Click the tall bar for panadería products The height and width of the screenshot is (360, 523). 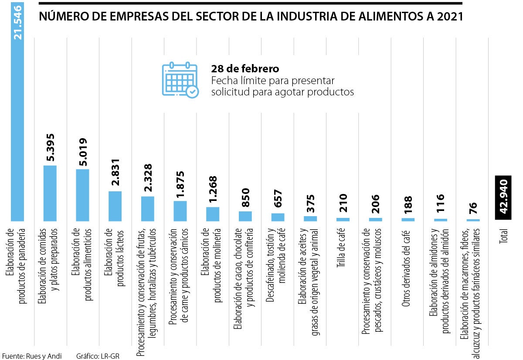17,131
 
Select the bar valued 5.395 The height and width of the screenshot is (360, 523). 50,194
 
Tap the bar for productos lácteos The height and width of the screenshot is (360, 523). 115,206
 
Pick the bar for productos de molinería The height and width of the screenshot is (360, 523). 213,214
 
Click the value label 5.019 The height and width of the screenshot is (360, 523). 82,153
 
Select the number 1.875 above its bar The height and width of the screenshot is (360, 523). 180,184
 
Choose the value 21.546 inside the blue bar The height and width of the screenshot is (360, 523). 18,23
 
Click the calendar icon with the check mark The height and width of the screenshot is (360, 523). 180,80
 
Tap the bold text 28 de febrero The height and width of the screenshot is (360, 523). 245,69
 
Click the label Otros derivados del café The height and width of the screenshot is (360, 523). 408,268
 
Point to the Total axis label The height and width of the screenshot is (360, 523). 504,241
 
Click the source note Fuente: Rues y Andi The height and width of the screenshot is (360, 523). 31,356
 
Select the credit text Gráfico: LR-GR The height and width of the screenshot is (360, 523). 97,356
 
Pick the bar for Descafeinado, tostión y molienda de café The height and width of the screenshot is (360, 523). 278,217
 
